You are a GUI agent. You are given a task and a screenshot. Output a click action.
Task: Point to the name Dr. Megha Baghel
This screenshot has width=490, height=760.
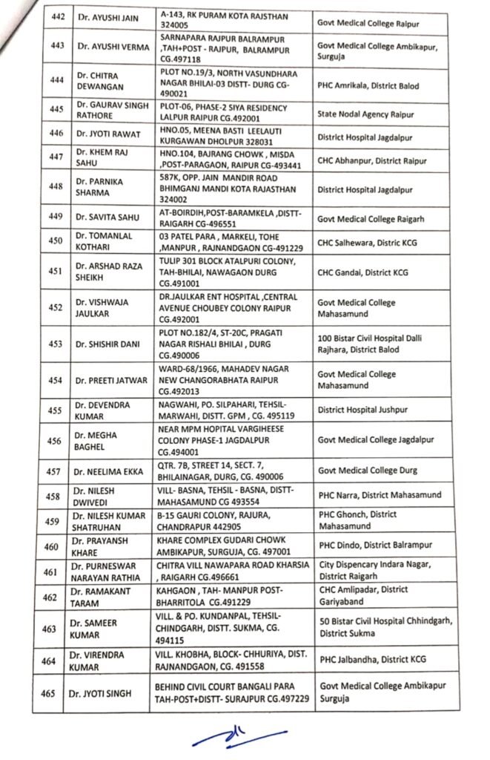click(x=99, y=441)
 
